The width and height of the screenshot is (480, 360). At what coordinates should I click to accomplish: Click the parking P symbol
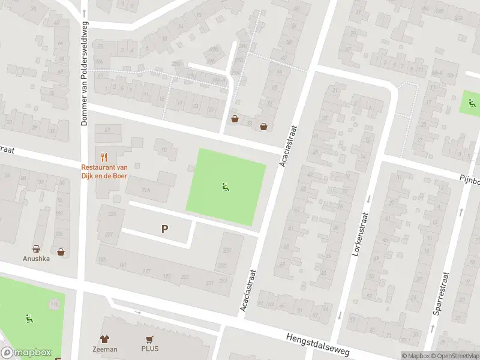[x=165, y=228]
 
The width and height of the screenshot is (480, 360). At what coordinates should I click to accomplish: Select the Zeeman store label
[x=104, y=349]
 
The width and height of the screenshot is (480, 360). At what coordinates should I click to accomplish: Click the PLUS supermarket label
[x=150, y=349]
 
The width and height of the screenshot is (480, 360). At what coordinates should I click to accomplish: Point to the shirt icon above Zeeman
[x=104, y=339]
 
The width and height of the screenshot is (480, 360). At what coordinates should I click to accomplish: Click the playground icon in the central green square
[x=226, y=187]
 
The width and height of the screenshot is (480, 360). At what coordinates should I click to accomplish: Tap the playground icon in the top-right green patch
[x=472, y=102]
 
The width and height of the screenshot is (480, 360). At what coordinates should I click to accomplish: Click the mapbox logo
[x=26, y=353]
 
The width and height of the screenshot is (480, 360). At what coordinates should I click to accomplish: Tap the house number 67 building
[x=108, y=130]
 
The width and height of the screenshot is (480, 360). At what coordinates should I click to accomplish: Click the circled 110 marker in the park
[x=55, y=305]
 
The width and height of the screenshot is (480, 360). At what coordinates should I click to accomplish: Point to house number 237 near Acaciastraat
[x=227, y=251]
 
